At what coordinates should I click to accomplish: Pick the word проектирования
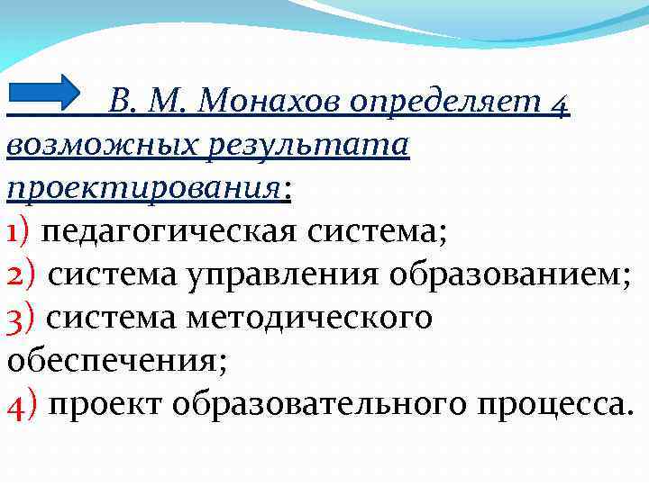coord(144,189)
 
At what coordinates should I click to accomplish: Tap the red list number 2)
coord(22,274)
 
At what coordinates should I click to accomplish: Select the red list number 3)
coord(21,317)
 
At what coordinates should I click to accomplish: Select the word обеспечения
coord(116,360)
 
